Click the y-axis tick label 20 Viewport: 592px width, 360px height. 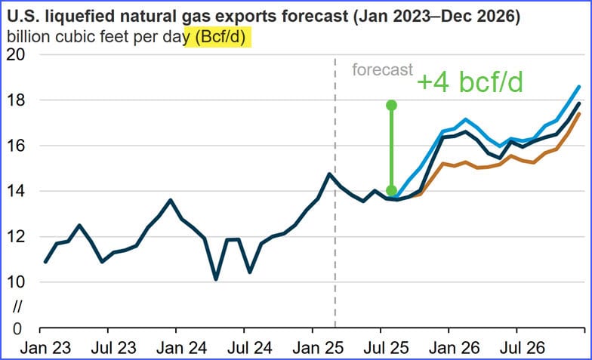pos(16,55)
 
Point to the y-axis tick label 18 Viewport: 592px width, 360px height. pos(16,100)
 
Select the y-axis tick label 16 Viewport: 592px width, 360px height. pos(16,146)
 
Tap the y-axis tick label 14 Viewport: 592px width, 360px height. pos(16,191)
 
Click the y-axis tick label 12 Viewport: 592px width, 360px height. pos(16,237)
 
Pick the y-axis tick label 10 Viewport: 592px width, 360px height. pos(16,282)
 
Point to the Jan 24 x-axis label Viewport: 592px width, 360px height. pos(176,349)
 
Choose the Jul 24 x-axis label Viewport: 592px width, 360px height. pos(245,349)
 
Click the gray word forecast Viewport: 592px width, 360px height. pos(382,70)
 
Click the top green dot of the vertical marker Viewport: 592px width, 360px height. pos(391,105)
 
